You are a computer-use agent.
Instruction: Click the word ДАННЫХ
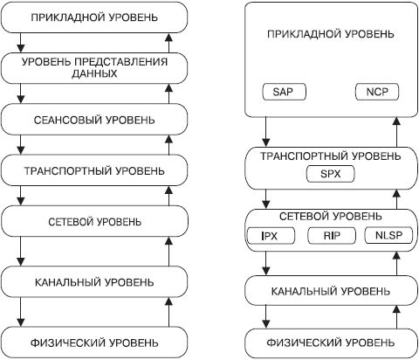[x=95, y=75]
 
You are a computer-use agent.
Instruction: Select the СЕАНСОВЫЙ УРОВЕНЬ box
[x=95, y=118]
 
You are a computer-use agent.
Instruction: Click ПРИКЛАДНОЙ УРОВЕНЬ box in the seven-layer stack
[x=95, y=17]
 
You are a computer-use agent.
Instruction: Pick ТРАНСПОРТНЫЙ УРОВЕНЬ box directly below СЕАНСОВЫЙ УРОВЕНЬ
[x=95, y=170]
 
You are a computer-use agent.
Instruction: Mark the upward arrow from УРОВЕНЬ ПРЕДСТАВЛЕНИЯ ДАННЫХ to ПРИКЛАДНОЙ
[x=170, y=41]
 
